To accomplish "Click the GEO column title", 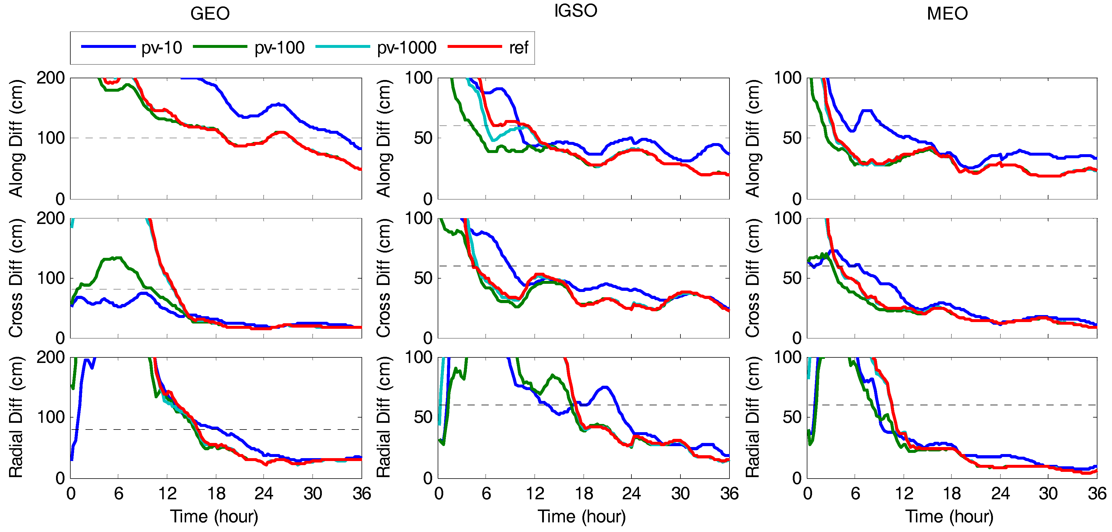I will (210, 14).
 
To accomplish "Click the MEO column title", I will (947, 14).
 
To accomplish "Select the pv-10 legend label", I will (162, 48).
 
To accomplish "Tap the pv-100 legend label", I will (279, 48).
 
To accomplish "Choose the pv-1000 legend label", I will (407, 48).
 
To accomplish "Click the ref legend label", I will (519, 48).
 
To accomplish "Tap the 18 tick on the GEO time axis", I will (216, 493).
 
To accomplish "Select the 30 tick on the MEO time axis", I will (1048, 493).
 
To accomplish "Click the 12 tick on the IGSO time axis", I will (535, 493).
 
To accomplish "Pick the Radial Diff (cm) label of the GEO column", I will (16, 417).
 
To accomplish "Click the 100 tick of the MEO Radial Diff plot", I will (787, 358).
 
